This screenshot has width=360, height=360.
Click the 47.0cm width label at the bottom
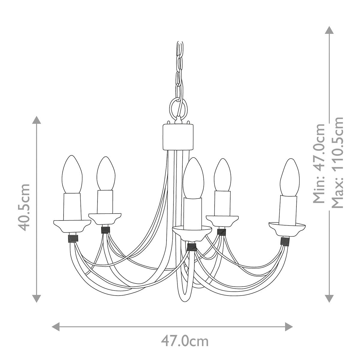[184, 341]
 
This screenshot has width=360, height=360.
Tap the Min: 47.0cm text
[319, 163]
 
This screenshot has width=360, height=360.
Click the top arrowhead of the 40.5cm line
[37, 120]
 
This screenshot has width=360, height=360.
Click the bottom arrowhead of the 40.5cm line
[37, 298]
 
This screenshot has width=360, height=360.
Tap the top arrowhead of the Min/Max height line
[329, 30]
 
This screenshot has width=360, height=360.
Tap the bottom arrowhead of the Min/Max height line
[329, 298]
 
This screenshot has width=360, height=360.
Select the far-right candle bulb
[289, 177]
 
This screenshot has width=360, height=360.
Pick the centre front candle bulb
[193, 178]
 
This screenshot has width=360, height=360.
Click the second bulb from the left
[106, 174]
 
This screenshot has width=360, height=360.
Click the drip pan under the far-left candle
[72, 226]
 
